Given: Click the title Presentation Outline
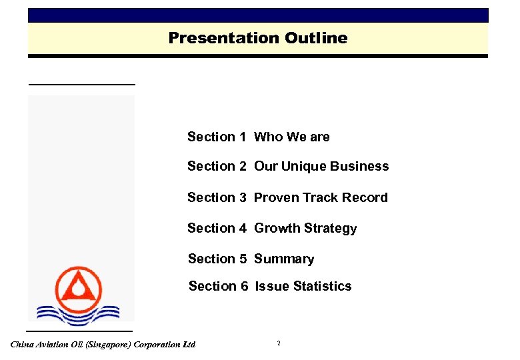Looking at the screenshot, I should (257, 38).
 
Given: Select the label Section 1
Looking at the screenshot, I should (216, 137).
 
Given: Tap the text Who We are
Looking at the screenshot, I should (292, 137).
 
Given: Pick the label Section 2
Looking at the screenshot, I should (216, 167).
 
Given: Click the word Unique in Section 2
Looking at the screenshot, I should (300, 167).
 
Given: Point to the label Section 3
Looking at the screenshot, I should (216, 197).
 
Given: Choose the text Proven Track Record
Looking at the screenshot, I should (321, 197).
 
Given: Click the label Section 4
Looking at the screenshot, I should (216, 228).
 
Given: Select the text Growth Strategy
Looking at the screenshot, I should (305, 228).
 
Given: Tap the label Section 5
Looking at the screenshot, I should (217, 259).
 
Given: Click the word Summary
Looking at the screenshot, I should (284, 259).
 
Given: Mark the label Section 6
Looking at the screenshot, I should (218, 286).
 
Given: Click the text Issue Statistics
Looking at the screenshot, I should (303, 286).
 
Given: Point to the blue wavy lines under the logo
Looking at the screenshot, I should (77, 313).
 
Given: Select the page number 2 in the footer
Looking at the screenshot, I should (279, 343).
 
